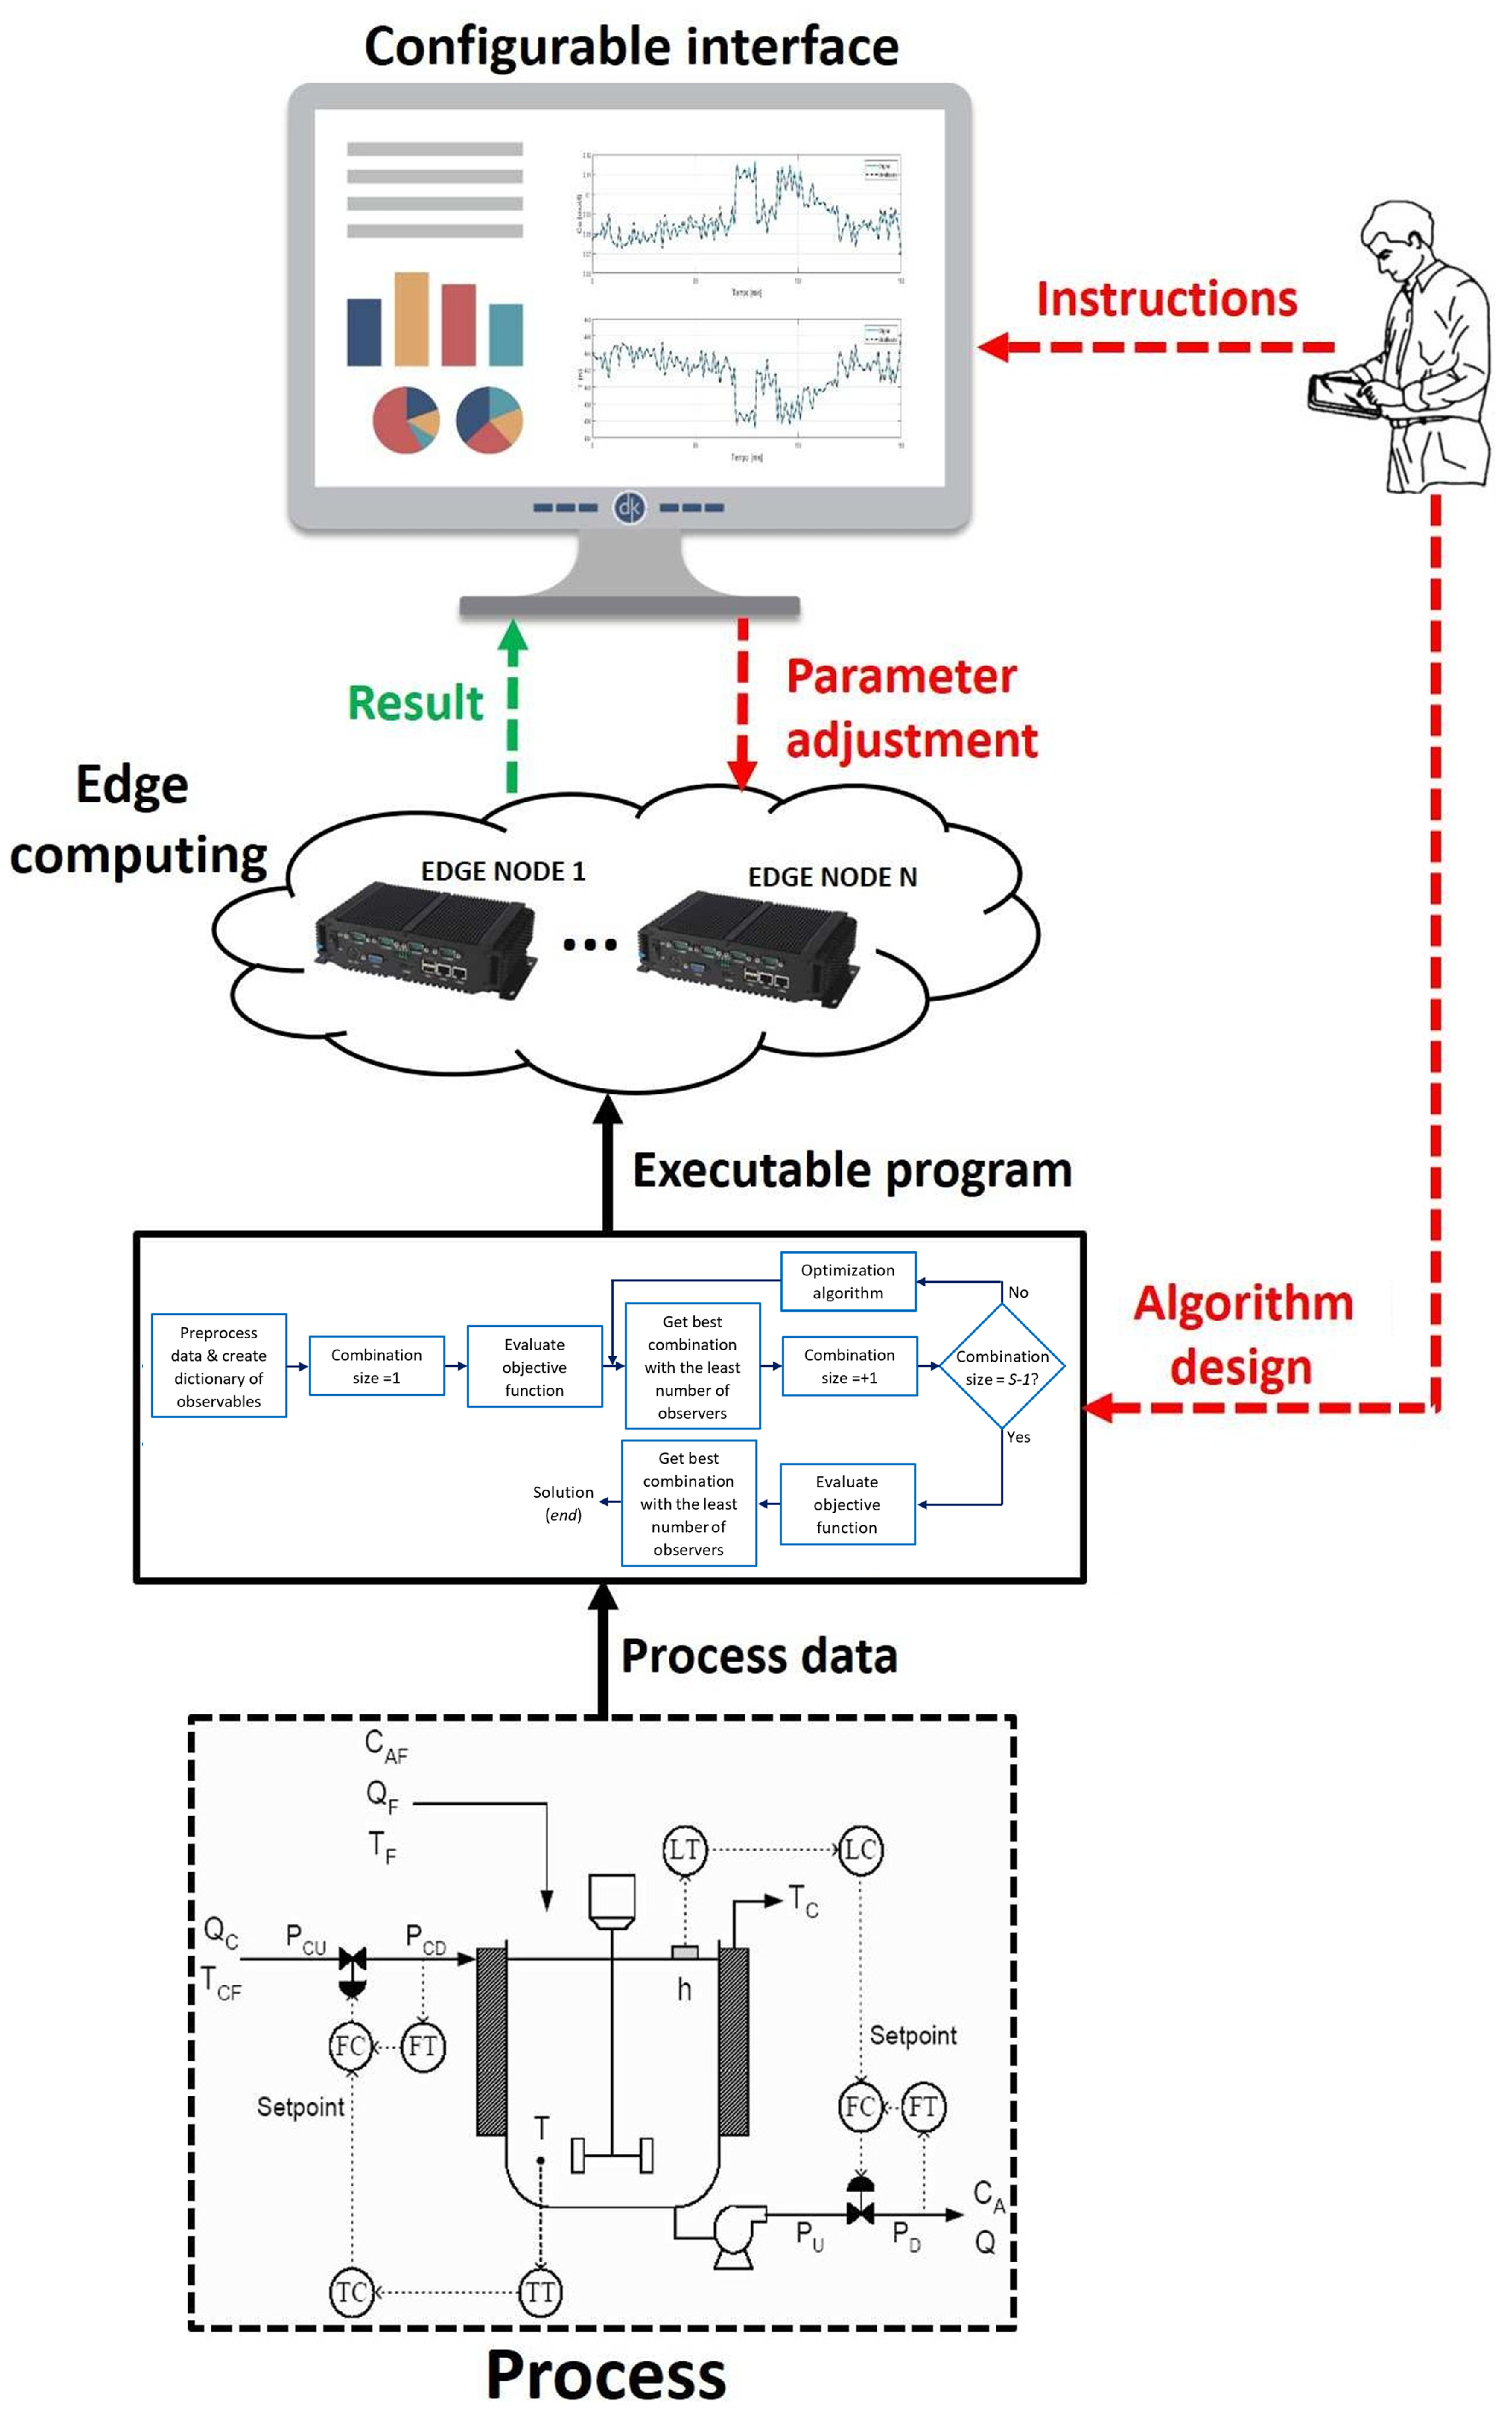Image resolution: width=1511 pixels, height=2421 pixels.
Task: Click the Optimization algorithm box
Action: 847,1280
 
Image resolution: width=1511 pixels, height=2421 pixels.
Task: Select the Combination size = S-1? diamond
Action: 1001,1366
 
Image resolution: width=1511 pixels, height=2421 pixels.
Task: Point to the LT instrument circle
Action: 684,1849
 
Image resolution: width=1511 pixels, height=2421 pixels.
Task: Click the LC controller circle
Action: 860,1849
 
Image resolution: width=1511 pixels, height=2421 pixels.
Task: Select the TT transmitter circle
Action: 541,2291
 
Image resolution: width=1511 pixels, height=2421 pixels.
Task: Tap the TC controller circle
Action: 351,2291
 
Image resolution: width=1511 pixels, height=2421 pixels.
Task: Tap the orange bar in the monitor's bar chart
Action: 411,319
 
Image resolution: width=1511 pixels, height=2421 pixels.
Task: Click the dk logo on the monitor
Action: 629,508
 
